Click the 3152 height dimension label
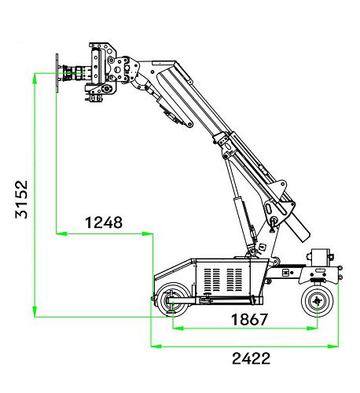click(x=21, y=199)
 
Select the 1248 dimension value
click(x=104, y=222)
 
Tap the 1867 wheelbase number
click(x=249, y=319)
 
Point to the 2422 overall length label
click(x=251, y=358)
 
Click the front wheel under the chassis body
click(x=172, y=300)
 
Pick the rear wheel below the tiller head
click(x=318, y=301)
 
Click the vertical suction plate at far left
click(x=57, y=73)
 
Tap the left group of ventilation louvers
click(x=211, y=280)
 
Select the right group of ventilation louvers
click(x=234, y=280)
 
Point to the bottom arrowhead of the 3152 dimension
click(x=35, y=312)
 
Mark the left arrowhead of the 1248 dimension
click(x=62, y=233)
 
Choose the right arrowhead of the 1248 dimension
click(x=148, y=233)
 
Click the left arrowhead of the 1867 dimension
click(x=178, y=328)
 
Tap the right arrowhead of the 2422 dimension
click(x=333, y=347)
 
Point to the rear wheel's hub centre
click(x=318, y=301)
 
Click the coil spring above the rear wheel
click(x=318, y=281)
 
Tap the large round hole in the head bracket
click(x=117, y=70)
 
